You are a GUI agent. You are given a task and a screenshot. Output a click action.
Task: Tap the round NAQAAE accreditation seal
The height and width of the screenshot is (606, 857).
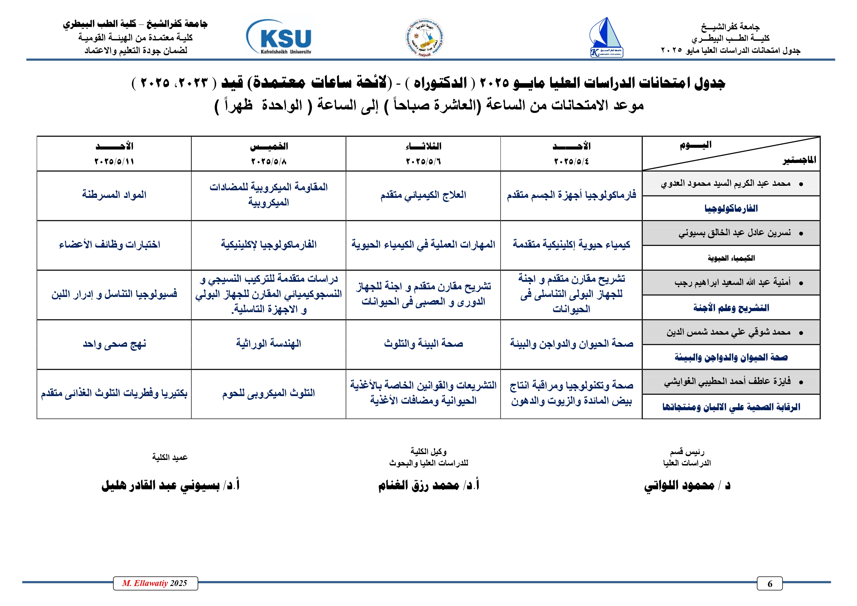(x=425, y=38)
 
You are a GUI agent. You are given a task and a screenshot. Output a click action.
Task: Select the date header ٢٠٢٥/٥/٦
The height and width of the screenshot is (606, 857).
(x=423, y=162)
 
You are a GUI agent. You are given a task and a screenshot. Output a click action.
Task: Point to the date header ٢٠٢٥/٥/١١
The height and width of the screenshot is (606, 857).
(x=114, y=162)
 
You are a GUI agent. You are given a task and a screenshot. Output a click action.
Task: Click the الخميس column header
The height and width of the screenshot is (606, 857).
(x=269, y=146)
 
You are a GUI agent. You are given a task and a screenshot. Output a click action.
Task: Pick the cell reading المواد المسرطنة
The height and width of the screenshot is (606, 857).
(x=114, y=195)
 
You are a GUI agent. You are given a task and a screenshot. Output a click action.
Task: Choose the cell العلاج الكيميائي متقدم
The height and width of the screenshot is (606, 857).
(x=423, y=195)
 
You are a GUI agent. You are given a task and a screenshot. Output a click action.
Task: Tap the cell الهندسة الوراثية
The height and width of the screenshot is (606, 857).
(x=268, y=344)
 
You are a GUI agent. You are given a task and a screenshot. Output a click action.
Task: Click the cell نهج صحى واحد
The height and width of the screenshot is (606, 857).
(x=114, y=344)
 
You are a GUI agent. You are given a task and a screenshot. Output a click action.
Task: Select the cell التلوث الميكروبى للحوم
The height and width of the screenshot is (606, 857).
(x=268, y=393)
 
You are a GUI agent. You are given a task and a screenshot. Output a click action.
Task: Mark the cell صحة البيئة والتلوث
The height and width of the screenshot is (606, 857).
(x=423, y=344)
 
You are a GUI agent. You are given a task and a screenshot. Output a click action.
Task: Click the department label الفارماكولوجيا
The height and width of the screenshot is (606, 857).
(x=731, y=209)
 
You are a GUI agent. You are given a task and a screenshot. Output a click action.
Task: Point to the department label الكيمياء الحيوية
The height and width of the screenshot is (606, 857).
(x=731, y=258)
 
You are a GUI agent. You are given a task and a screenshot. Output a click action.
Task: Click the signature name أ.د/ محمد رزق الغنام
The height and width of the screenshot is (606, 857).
(x=428, y=485)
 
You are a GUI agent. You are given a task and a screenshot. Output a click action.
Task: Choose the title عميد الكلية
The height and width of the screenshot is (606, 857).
(x=170, y=458)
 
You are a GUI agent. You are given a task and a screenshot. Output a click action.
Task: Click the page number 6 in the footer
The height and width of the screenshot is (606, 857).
(x=769, y=584)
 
